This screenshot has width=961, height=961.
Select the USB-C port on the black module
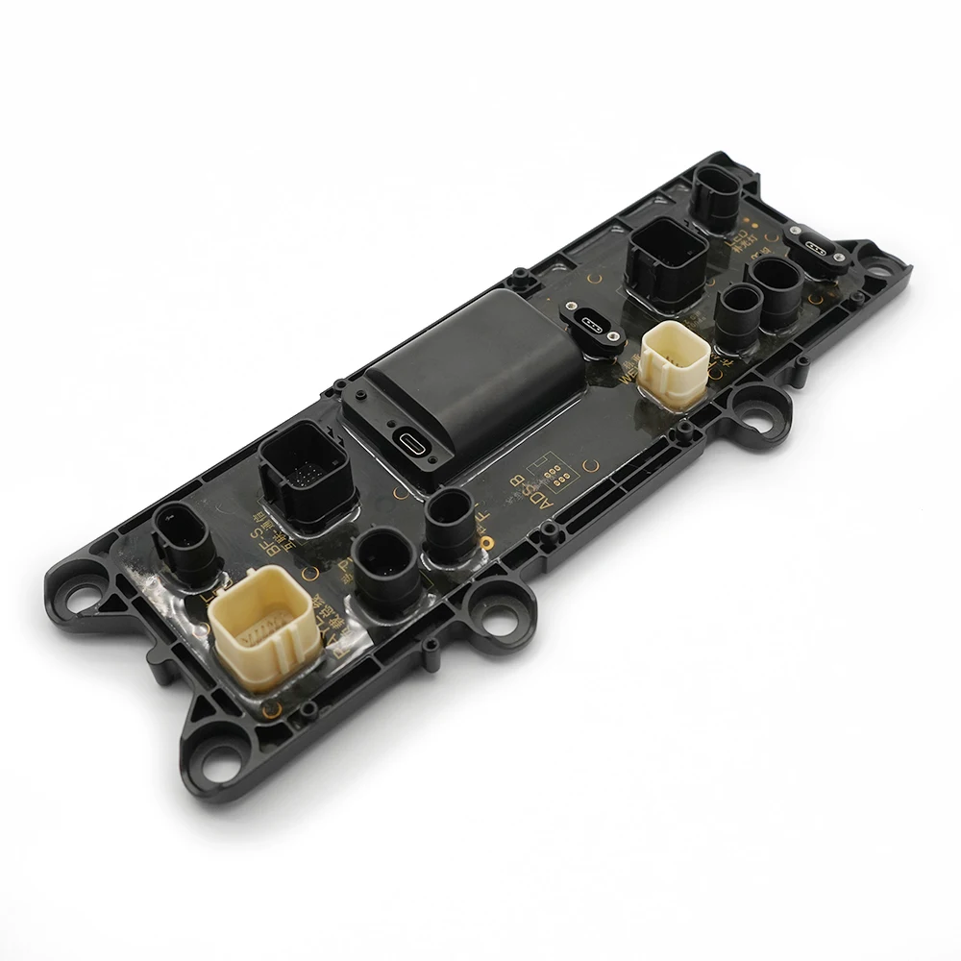click(410, 443)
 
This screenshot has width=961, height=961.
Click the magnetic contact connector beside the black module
click(589, 322)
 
